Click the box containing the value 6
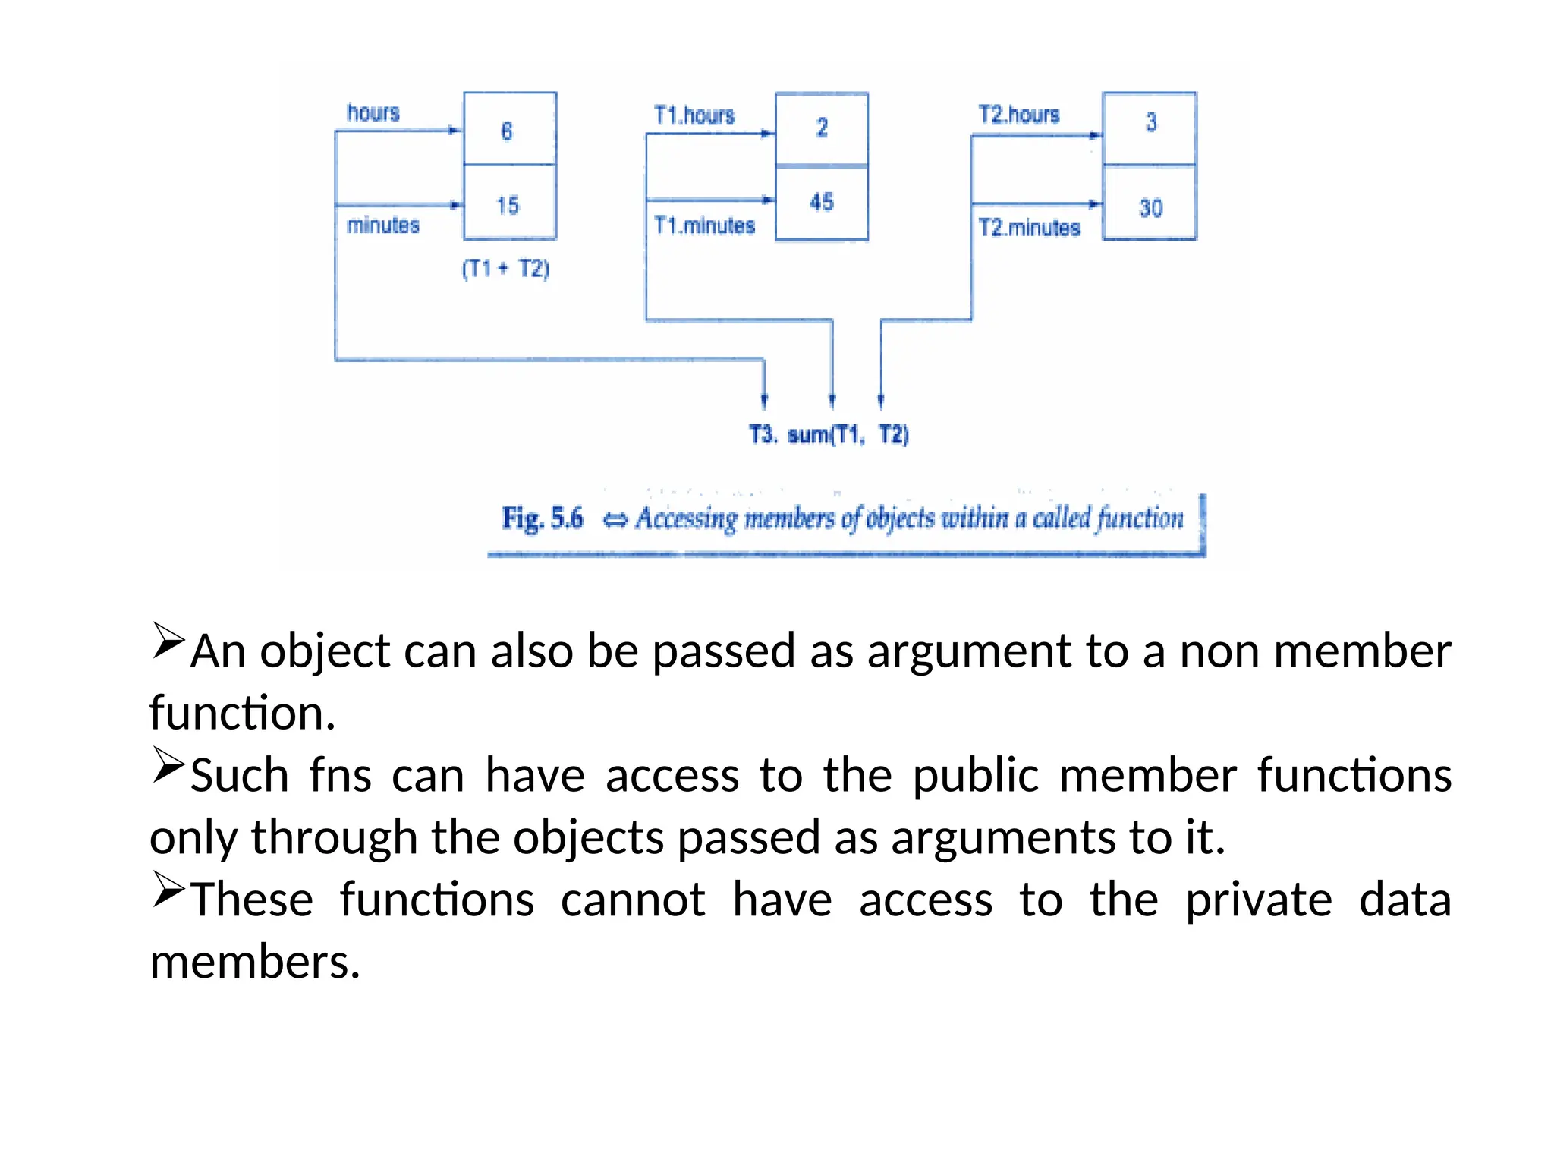[509, 129]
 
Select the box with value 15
[509, 203]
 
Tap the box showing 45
[821, 203]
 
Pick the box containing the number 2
[821, 128]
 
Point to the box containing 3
[1150, 128]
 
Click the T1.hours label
[694, 115]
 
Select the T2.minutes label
[1028, 228]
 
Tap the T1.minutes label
[704, 225]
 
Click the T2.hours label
[1018, 115]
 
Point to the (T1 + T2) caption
[505, 269]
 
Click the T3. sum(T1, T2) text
[829, 434]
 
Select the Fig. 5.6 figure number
[542, 518]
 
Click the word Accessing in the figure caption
[686, 518]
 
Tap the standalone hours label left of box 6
[373, 113]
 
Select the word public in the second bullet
[975, 776]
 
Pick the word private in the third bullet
[1258, 900]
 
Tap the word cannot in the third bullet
[633, 900]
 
